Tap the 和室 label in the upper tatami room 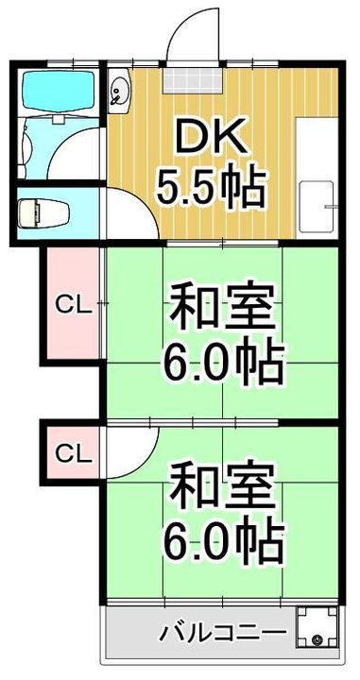(x=223, y=308)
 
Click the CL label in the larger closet (x=71, y=304)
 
